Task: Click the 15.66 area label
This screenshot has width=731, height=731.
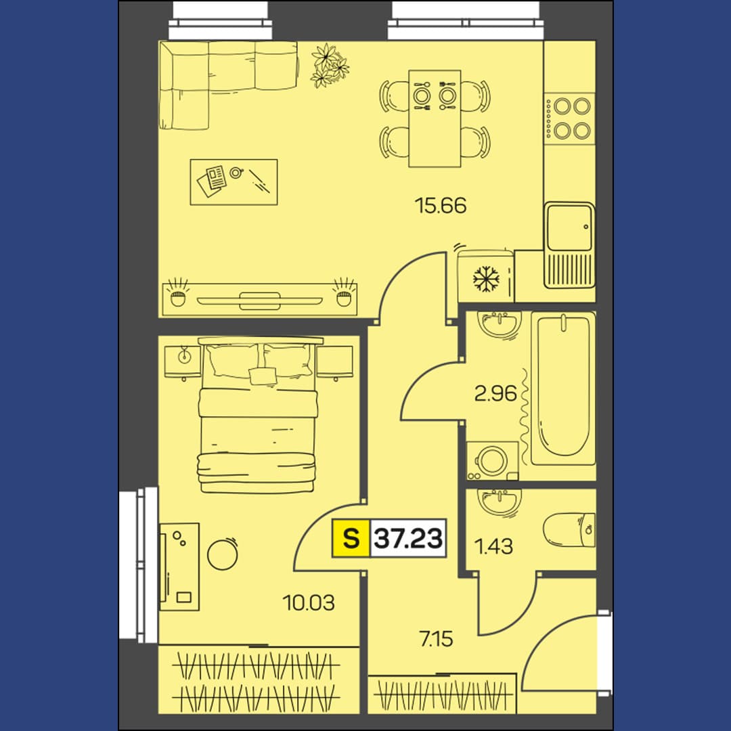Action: pyautogui.click(x=441, y=205)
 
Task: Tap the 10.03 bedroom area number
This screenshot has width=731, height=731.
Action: pyautogui.click(x=309, y=603)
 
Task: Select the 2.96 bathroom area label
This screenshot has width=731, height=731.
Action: pyautogui.click(x=495, y=393)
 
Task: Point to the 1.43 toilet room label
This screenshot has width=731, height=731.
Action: pyautogui.click(x=493, y=546)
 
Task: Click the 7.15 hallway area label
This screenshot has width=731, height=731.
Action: pyautogui.click(x=437, y=639)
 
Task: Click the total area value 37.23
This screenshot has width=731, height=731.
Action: pyautogui.click(x=408, y=539)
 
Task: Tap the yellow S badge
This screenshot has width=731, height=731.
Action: pyautogui.click(x=351, y=538)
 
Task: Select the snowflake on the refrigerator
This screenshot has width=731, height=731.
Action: pyautogui.click(x=486, y=280)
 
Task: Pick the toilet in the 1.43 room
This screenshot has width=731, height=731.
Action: pyautogui.click(x=569, y=530)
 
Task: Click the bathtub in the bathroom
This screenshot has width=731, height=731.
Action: pyautogui.click(x=563, y=389)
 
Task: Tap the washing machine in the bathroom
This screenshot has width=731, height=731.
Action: pyautogui.click(x=493, y=461)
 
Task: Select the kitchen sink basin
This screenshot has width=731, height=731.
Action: pyautogui.click(x=570, y=227)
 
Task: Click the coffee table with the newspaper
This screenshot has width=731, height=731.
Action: pyautogui.click(x=234, y=182)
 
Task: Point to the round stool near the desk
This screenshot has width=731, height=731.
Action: pyautogui.click(x=223, y=554)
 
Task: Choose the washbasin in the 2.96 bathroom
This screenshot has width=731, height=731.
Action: pyautogui.click(x=500, y=324)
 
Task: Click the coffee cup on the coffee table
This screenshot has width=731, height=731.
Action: pyautogui.click(x=236, y=173)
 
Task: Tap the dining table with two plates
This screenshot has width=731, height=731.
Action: pyautogui.click(x=435, y=118)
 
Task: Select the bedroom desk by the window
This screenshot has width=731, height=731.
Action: pyautogui.click(x=179, y=567)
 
